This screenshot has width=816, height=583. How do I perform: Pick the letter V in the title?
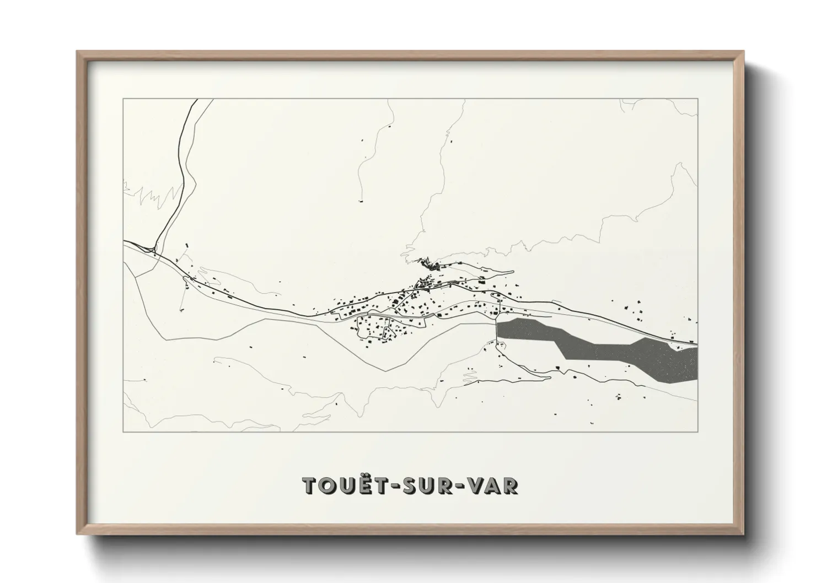pos(474,485)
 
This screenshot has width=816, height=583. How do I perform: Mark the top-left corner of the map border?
pos(123,99)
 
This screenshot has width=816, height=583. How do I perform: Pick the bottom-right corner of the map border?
pos(697,432)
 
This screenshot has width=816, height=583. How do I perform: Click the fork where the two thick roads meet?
pos(155,252)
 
